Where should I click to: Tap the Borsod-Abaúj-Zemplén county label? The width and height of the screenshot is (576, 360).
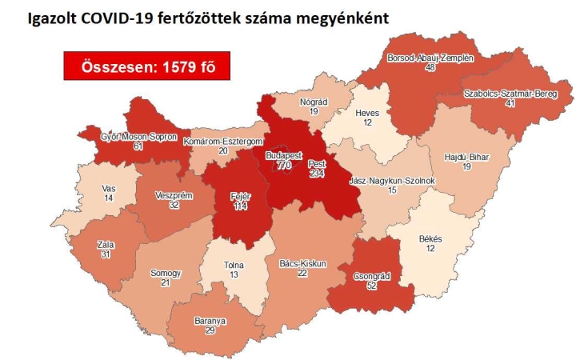[x=430, y=58]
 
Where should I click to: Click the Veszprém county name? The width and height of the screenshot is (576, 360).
[x=173, y=193]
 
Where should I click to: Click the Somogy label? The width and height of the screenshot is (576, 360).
[x=166, y=274]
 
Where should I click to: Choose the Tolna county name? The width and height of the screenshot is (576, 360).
[x=234, y=266]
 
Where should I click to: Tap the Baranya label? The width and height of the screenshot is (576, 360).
[x=210, y=321]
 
